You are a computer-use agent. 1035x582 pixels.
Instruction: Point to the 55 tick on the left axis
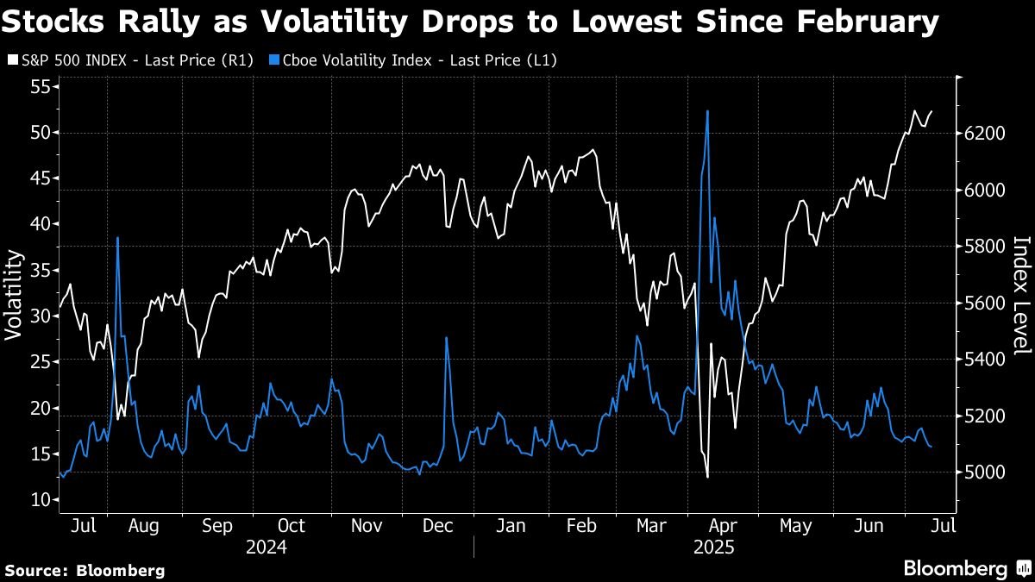pyautogui.click(x=41, y=87)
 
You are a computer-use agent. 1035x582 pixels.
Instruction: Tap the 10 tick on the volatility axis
pyautogui.click(x=41, y=499)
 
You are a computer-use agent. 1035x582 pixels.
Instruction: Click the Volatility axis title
pyautogui.click(x=14, y=294)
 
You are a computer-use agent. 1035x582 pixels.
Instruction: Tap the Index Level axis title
pyautogui.click(x=1020, y=294)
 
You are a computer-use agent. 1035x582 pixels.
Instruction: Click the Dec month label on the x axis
pyautogui.click(x=438, y=525)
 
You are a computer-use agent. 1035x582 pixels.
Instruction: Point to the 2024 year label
pyautogui.click(x=266, y=547)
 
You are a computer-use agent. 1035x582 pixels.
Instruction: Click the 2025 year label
pyautogui.click(x=714, y=547)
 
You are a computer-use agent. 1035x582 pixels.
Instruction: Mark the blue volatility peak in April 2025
pyautogui.click(x=707, y=111)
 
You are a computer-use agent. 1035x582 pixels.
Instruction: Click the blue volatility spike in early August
pyautogui.click(x=117, y=237)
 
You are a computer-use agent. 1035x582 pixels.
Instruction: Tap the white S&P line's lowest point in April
pyautogui.click(x=707, y=477)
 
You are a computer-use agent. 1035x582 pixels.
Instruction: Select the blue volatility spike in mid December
pyautogui.click(x=446, y=338)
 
